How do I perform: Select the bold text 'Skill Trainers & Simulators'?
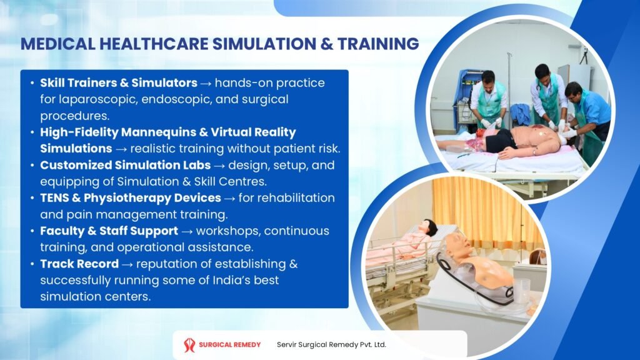pyautogui.click(x=118, y=82)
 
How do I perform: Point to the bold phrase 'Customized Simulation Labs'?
pyautogui.click(x=125, y=166)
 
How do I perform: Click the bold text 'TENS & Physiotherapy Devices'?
pyautogui.click(x=130, y=198)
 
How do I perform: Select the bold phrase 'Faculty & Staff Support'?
pyautogui.click(x=109, y=231)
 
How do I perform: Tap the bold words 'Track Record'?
pyautogui.click(x=79, y=264)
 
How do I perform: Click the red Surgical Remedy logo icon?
pyautogui.click(x=189, y=345)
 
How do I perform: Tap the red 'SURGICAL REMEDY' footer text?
pyautogui.click(x=230, y=345)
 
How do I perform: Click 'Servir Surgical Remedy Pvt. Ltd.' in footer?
pyautogui.click(x=331, y=345)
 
